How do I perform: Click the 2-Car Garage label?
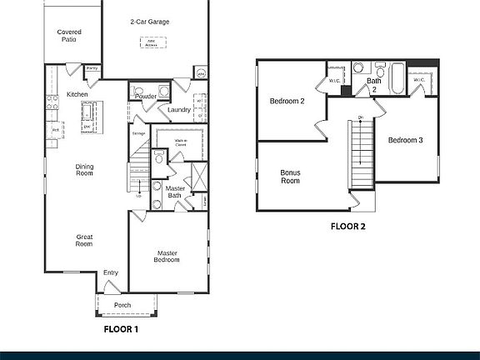[150, 21]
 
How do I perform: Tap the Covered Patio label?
[68, 35]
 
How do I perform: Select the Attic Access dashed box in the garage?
[151, 41]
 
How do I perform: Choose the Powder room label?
[145, 97]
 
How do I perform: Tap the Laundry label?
[178, 109]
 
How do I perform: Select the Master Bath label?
[175, 192]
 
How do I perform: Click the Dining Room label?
[84, 169]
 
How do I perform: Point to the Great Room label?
[84, 240]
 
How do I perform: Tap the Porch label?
[122, 305]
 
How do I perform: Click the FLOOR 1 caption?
[121, 329]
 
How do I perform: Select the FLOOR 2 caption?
[347, 225]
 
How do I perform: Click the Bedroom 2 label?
[286, 102]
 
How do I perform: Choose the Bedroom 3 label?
[406, 140]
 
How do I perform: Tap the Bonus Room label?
[290, 177]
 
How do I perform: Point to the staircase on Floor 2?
[360, 154]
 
